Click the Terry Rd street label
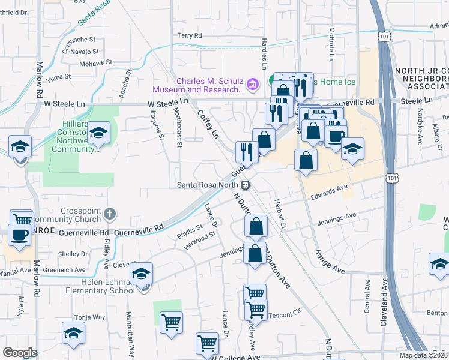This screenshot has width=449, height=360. pos(189,35)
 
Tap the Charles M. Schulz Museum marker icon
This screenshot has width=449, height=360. pos(253,84)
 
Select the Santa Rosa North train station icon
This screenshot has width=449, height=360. pos(247,184)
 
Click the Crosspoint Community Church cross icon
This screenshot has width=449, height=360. pos(109,212)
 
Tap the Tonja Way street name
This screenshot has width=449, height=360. pos(89,317)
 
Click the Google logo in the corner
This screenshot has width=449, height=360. pos(20,352)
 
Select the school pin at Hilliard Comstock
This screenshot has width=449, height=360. pos(99,133)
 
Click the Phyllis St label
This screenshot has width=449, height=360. pos(190,229)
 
